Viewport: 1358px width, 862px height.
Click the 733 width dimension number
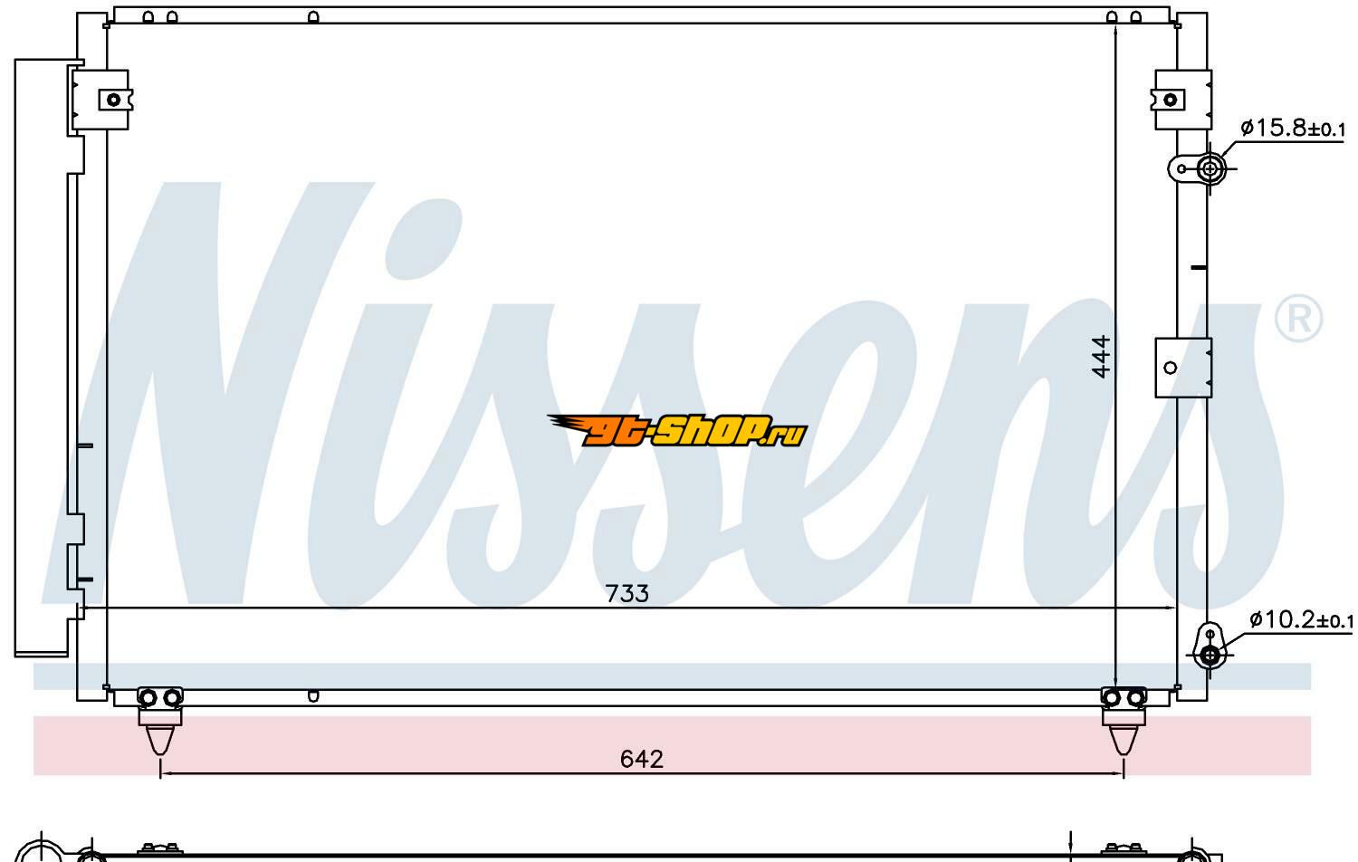(626, 593)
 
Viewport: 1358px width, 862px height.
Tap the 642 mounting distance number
(641, 759)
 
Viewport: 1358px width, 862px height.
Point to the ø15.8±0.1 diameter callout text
(1293, 129)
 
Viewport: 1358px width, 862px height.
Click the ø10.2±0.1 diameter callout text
(1300, 619)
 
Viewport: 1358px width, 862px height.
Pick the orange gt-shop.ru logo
(677, 430)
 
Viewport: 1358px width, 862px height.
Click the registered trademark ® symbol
(1298, 318)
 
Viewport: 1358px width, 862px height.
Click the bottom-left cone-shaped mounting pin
(160, 740)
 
